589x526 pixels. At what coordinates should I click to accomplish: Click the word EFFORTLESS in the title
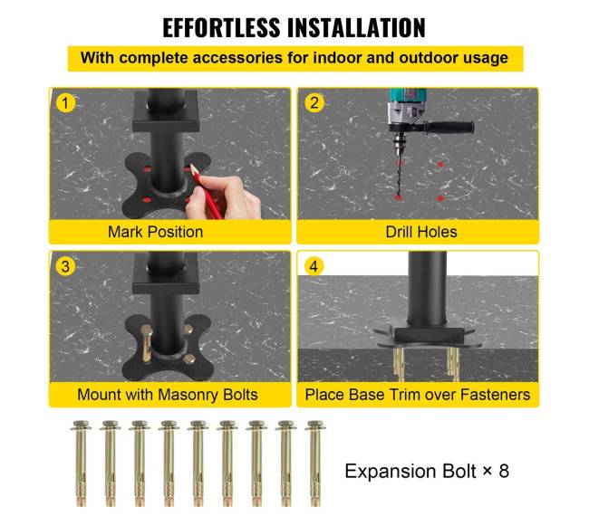[x=222, y=28]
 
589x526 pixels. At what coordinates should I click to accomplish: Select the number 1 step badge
[x=65, y=103]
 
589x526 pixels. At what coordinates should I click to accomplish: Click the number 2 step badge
[x=314, y=103]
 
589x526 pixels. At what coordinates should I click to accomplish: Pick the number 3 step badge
[x=65, y=266]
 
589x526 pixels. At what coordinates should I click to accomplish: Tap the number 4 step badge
[x=314, y=266]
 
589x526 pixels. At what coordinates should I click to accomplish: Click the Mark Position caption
[x=156, y=232]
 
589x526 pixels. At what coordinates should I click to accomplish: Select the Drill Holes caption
[x=421, y=232]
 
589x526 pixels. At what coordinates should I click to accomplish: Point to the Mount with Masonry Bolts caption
[x=168, y=395]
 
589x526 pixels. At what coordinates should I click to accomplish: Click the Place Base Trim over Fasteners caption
[x=418, y=395]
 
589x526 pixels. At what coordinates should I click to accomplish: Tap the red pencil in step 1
[x=207, y=191]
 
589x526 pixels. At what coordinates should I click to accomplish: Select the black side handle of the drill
[x=449, y=127]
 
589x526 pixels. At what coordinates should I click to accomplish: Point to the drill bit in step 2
[x=399, y=172]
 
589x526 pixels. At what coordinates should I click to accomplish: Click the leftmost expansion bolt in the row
[x=81, y=464]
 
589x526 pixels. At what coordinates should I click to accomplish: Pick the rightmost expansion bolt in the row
[x=315, y=464]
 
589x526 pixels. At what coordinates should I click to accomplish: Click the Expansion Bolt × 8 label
[x=427, y=471]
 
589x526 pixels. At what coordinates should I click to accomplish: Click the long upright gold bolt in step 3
[x=147, y=344]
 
